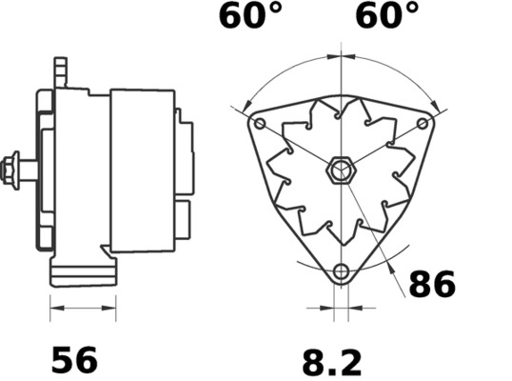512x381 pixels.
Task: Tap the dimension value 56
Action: coord(73,360)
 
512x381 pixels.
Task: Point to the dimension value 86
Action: coord(432,284)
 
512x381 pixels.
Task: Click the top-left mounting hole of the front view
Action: coord(260,124)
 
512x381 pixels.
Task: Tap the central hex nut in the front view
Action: coord(341,172)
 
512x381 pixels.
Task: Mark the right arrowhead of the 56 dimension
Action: coord(110,308)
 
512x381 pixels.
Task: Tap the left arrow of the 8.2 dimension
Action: coord(329,308)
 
